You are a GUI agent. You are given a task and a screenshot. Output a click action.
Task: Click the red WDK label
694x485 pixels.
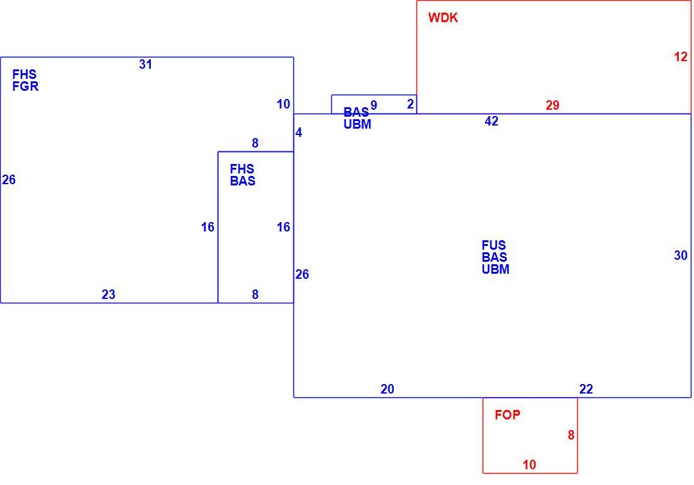(443, 18)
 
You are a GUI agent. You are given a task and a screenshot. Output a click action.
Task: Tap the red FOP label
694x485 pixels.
(507, 414)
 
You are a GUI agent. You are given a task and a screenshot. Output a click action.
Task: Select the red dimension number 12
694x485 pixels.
(681, 57)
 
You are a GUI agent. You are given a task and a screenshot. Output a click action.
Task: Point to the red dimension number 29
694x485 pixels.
(553, 105)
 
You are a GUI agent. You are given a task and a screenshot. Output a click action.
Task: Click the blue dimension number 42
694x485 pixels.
(491, 121)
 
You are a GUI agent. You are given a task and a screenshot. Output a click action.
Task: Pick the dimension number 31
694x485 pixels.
(146, 64)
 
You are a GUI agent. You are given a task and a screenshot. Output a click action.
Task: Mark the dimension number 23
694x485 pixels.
(109, 295)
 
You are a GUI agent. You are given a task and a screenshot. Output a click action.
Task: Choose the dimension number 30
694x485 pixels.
(681, 255)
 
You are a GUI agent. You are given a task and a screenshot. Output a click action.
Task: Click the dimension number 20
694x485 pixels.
(387, 389)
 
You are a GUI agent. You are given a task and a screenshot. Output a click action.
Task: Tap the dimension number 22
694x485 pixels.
(586, 389)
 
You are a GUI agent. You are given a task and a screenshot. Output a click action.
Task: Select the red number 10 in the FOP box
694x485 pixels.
(529, 465)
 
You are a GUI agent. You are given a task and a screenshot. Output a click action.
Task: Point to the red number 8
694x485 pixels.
(571, 435)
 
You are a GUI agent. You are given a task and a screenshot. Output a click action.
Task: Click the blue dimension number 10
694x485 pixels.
(283, 105)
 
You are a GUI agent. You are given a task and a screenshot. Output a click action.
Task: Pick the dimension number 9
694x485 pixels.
(373, 105)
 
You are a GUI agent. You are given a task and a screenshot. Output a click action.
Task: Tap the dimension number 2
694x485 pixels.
(410, 104)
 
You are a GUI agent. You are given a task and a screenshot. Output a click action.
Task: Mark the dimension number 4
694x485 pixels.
(299, 132)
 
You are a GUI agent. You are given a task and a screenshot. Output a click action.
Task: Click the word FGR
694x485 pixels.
(25, 86)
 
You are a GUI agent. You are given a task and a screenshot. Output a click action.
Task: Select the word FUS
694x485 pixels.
(494, 245)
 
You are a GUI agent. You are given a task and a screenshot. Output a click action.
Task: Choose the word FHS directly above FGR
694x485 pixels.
(25, 74)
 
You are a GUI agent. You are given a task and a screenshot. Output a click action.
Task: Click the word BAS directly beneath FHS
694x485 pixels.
(242, 181)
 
